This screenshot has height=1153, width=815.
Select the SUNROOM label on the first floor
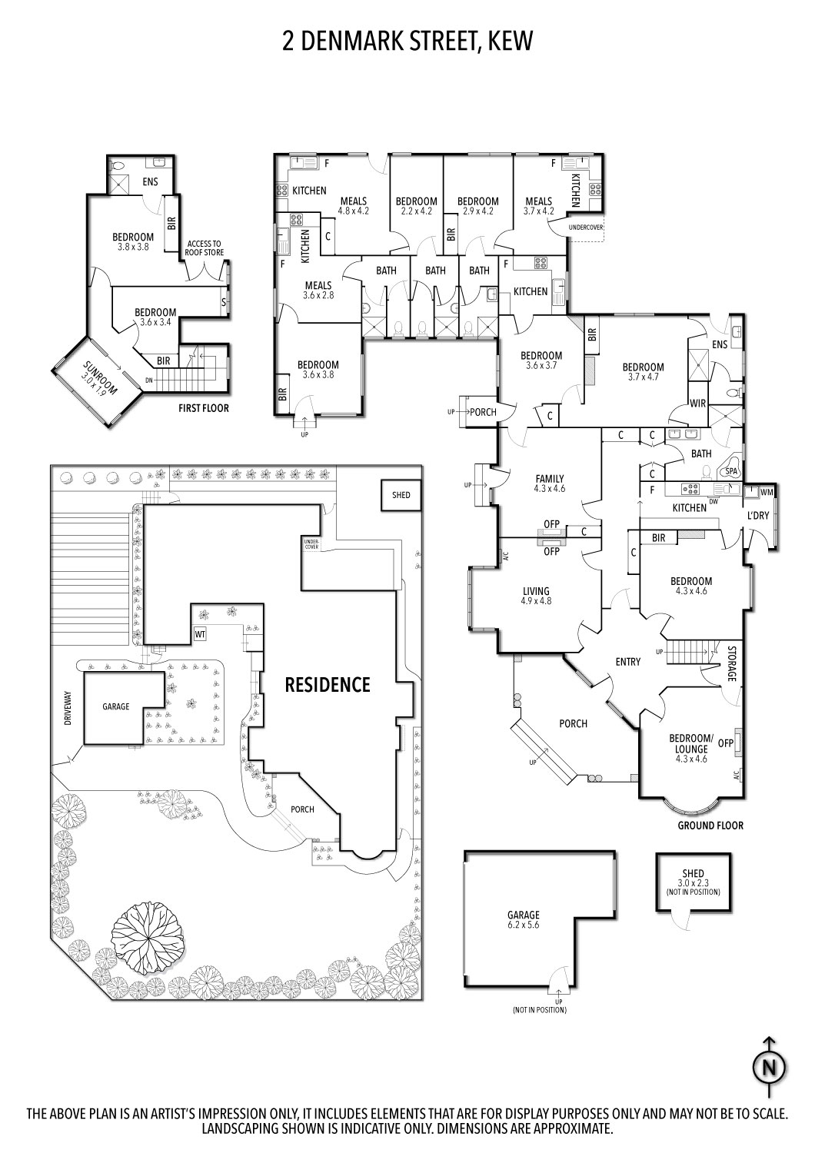tap(100, 378)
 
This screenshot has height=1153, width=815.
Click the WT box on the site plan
tap(200, 635)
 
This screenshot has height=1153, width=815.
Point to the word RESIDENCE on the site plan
tap(328, 685)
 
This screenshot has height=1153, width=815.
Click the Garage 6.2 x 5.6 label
tap(524, 919)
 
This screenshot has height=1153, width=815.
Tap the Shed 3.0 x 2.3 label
tap(693, 882)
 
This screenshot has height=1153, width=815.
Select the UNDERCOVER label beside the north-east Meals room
tap(586, 228)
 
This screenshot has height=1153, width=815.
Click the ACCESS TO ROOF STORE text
tap(205, 248)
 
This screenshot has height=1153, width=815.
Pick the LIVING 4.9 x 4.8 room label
tap(536, 596)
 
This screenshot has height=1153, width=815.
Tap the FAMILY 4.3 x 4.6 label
tap(550, 483)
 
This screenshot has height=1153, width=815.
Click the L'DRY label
tap(758, 515)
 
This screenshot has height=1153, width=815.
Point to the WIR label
tap(698, 404)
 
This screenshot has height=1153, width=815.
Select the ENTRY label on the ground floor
tap(628, 662)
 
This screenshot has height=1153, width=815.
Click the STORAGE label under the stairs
tap(732, 664)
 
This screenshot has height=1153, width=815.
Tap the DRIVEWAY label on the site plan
tap(68, 708)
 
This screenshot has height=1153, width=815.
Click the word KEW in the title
tap(510, 42)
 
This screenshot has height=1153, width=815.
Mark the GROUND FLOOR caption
tap(710, 826)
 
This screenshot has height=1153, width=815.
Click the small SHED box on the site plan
tap(401, 495)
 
